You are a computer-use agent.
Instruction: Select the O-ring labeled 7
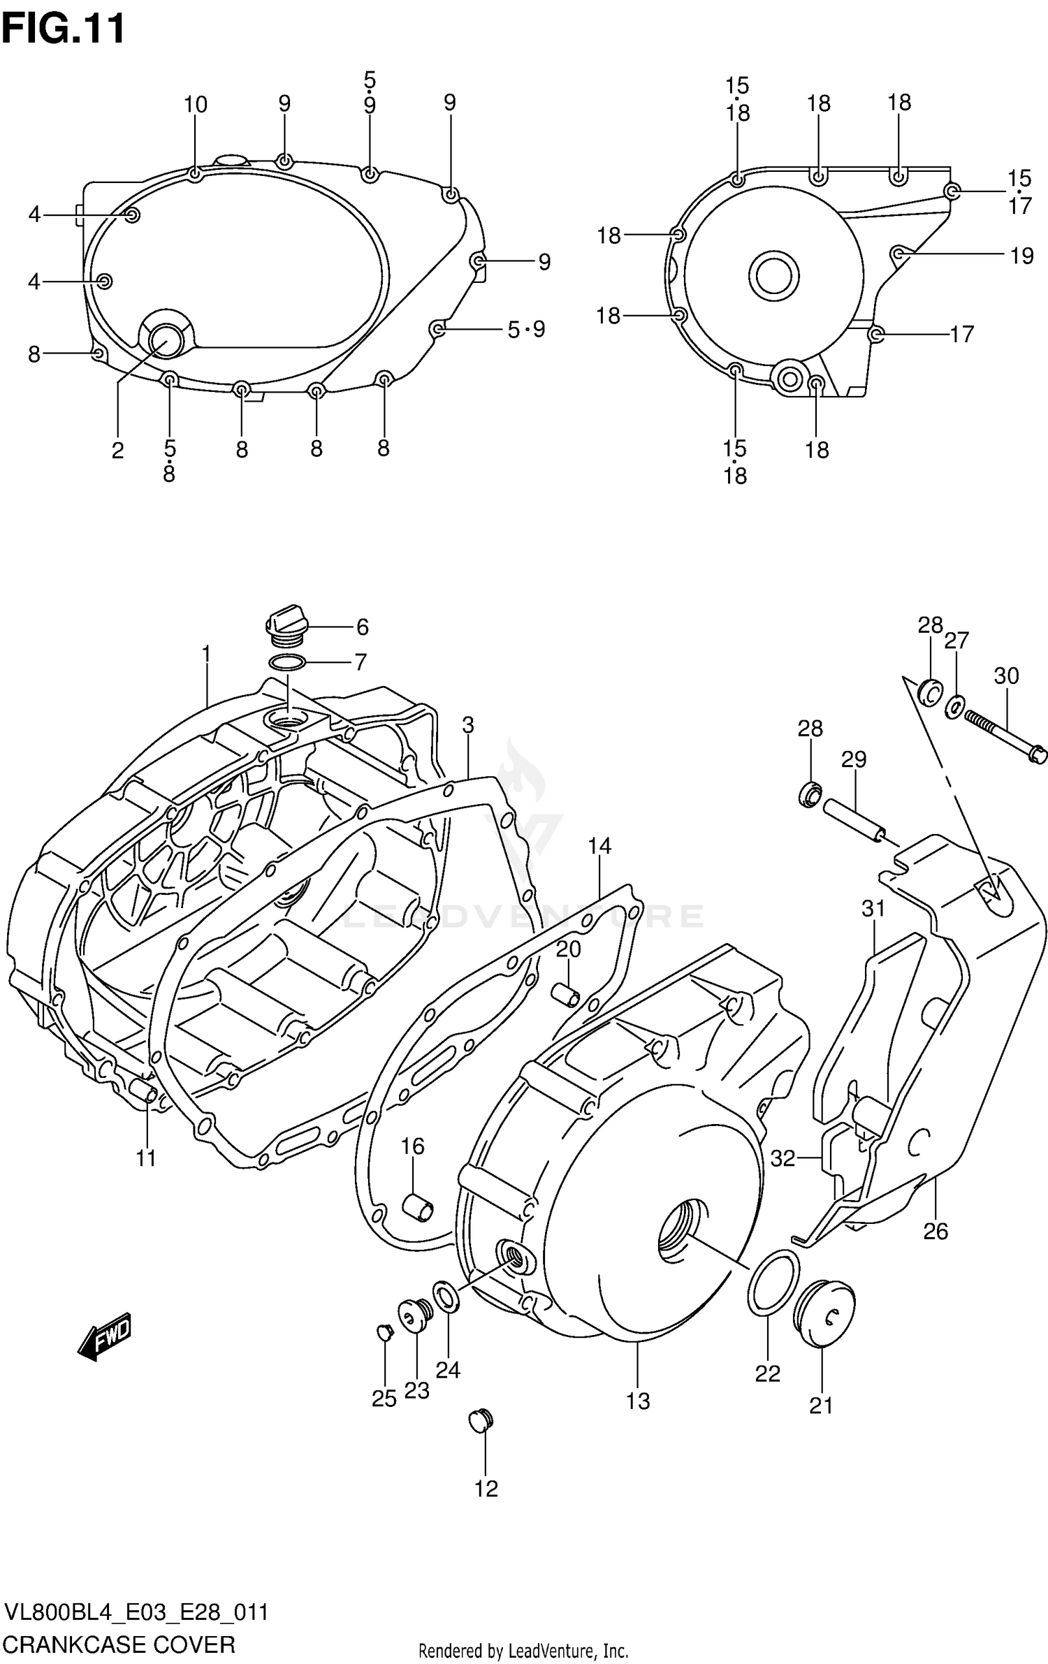point(286,662)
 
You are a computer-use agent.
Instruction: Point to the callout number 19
point(1021,256)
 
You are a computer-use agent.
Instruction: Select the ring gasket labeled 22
point(773,1283)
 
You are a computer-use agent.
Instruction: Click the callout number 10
point(196,105)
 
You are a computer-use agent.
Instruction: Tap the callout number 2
point(117,451)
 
